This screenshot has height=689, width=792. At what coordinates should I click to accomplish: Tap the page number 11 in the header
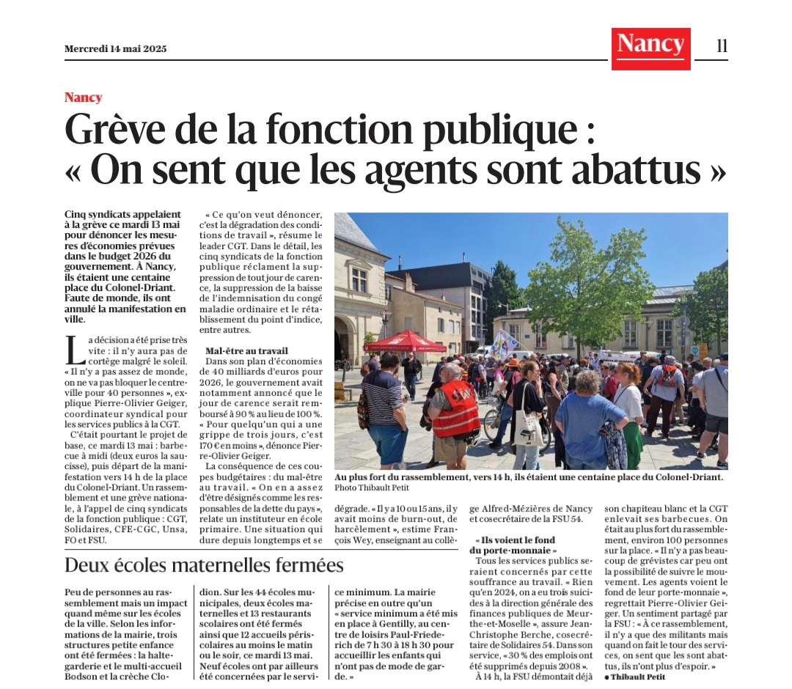click(722, 46)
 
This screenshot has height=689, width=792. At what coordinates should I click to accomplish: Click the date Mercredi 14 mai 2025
click(115, 49)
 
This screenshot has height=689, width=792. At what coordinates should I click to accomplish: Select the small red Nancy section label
click(83, 97)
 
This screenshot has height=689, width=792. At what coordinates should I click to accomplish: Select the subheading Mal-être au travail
click(246, 351)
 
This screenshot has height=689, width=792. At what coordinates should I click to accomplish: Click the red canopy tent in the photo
click(405, 340)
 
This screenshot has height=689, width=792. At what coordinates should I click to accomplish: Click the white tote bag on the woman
click(527, 426)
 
